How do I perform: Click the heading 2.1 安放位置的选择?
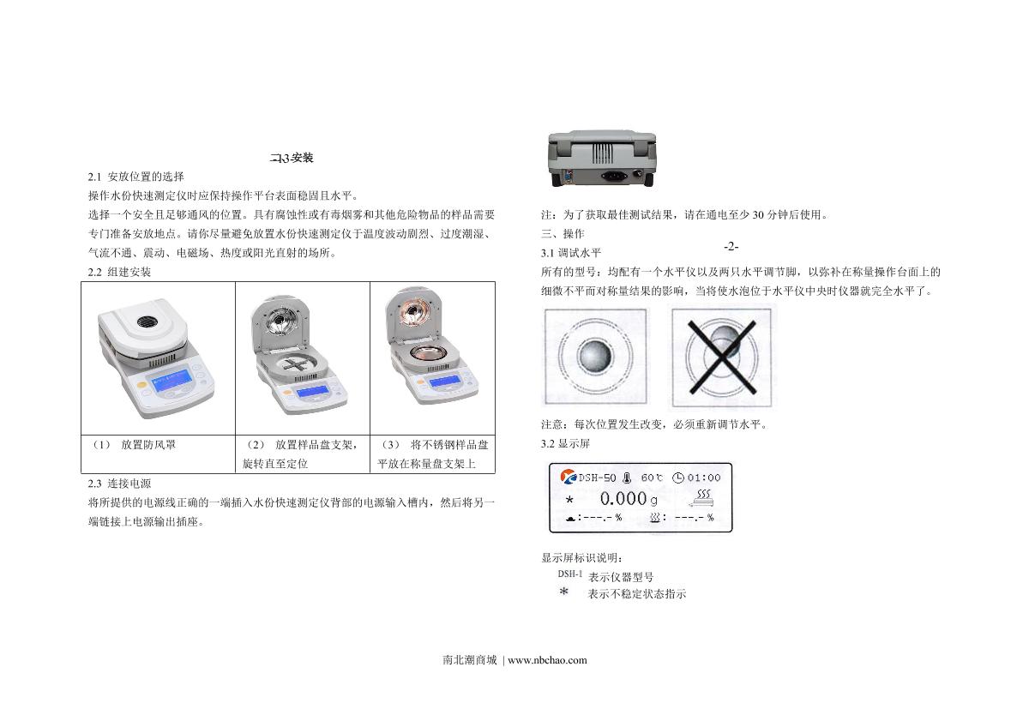[136, 177]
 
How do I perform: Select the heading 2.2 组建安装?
[119, 273]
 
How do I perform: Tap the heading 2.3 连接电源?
[119, 484]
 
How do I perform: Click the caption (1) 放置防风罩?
[134, 445]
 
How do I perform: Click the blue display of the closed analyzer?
[172, 382]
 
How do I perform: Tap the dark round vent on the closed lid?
[150, 321]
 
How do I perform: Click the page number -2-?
[731, 247]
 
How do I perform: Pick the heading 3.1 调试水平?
[571, 253]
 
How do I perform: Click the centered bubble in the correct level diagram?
[595, 357]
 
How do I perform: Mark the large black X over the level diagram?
[722, 357]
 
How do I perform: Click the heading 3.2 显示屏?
[565, 444]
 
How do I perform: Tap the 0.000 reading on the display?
[623, 499]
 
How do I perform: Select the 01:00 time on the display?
[704, 478]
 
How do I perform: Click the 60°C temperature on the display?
[653, 478]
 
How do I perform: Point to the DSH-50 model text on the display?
[597, 478]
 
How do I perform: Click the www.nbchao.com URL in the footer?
[547, 660]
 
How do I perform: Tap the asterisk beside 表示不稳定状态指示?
[563, 592]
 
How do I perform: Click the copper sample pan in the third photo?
[429, 352]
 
